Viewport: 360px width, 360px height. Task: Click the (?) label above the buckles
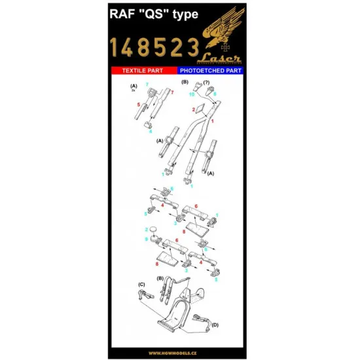coord(207,82)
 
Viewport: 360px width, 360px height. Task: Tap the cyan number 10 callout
coord(192,95)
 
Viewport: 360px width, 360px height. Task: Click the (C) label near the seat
coord(141,284)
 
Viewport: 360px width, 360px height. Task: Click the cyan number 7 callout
coord(147,86)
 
